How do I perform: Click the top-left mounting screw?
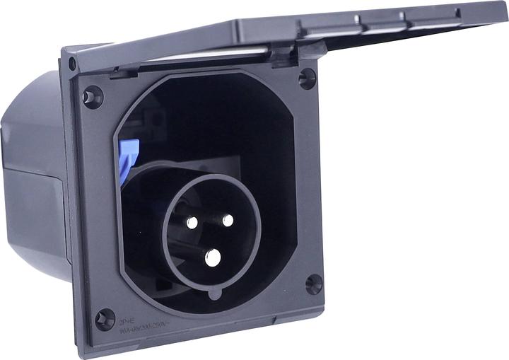click(93, 95)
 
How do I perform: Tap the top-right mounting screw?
click(308, 78)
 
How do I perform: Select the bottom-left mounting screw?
click(105, 319)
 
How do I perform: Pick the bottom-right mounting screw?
click(314, 284)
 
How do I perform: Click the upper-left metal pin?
click(192, 222)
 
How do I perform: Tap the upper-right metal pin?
click(228, 220)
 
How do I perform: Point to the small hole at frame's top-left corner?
click(71, 64)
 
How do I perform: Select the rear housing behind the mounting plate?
click(32, 177)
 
